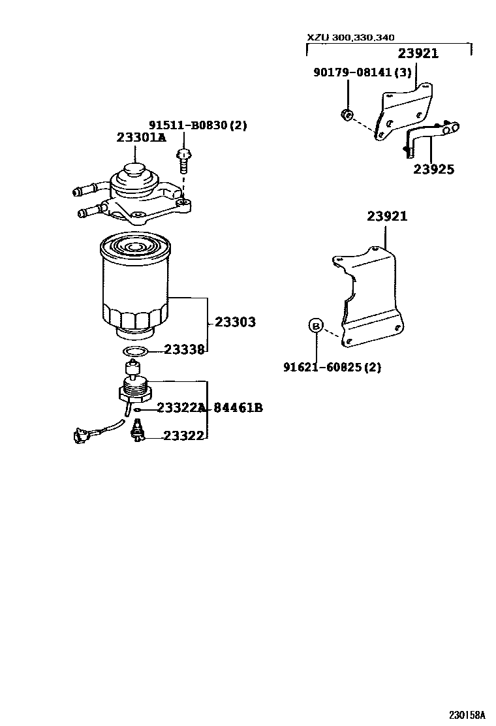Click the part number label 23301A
click(141, 138)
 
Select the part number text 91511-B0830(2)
click(198, 125)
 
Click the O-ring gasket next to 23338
click(135, 353)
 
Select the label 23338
click(185, 350)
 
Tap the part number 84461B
click(239, 408)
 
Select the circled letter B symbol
click(315, 325)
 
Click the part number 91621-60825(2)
click(332, 368)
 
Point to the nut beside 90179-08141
click(347, 116)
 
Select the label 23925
click(433, 169)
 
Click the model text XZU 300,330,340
click(350, 37)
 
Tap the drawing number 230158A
click(467, 714)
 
